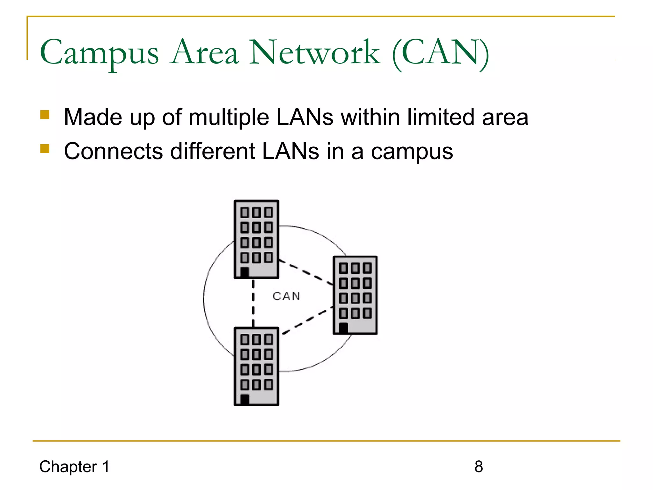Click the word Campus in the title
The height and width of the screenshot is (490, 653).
click(99, 53)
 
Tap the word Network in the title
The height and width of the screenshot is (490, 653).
click(314, 53)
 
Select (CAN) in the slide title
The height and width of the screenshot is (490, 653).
click(440, 53)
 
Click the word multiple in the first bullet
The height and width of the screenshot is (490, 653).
click(229, 117)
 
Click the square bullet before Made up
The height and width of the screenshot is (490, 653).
click(45, 115)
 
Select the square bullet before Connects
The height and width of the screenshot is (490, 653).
click(45, 149)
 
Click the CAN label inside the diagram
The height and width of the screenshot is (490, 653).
click(286, 296)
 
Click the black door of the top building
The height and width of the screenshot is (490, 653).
click(245, 273)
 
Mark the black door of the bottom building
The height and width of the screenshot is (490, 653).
click(245, 399)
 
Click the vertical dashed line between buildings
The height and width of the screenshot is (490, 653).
click(253, 303)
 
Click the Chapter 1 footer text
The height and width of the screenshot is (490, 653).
click(74, 467)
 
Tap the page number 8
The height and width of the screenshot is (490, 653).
click(479, 467)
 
